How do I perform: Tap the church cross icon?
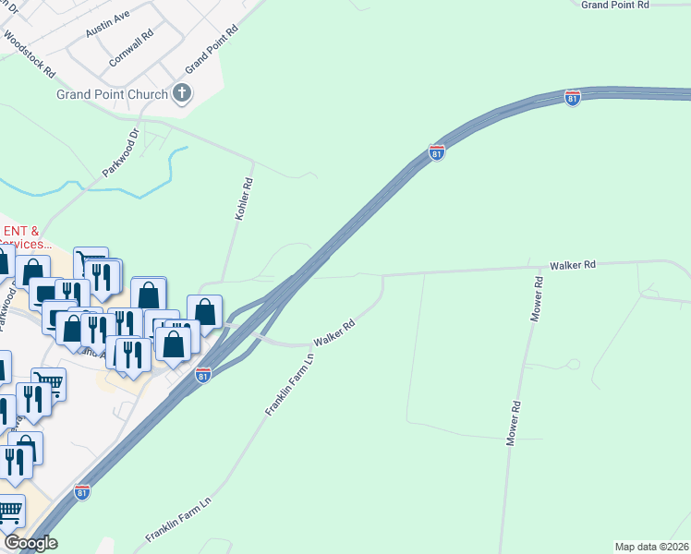pos(183,93)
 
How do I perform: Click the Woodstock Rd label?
pos(30,54)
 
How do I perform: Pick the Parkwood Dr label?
pos(120,152)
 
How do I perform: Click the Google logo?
pos(31,543)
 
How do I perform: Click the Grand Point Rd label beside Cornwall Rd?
pos(211,50)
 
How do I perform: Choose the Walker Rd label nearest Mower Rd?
pos(574,264)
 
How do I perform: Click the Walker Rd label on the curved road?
pos(334,333)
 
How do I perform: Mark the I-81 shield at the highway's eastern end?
pos(573,98)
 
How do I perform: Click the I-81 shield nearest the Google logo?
pos(82,492)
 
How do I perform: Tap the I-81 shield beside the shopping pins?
pos(203,375)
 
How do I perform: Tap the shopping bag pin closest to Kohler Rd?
pos(205,311)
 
